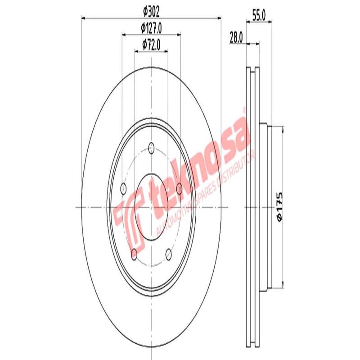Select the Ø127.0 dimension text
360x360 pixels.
click(x=151, y=28)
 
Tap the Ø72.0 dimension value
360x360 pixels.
click(x=151, y=44)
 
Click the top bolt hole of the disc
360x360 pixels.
click(x=151, y=147)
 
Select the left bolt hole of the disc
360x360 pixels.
click(x=124, y=189)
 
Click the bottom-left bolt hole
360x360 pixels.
click(x=134, y=254)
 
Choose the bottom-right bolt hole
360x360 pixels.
click(x=169, y=254)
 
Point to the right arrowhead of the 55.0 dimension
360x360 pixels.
click(x=270, y=21)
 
